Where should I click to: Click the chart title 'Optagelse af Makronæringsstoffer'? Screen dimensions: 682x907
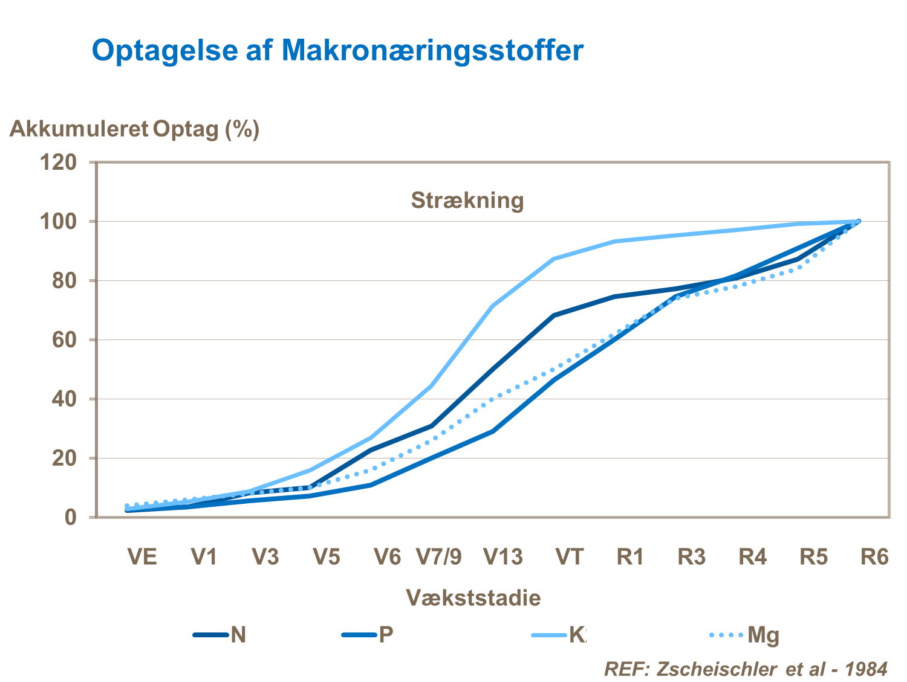337,50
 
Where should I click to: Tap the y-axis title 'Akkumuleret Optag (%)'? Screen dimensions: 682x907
134,129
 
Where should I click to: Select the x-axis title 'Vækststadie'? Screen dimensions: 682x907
473,597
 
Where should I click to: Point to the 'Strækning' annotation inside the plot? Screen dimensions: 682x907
467,200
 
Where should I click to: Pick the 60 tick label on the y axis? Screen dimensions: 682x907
64,339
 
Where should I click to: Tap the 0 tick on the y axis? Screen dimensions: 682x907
71,517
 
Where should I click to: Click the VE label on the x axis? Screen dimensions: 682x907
142,556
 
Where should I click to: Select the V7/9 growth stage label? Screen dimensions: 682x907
439,556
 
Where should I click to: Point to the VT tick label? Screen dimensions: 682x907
570,556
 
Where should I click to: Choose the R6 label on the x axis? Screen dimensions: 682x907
874,556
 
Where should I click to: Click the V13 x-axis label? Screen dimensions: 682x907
503,556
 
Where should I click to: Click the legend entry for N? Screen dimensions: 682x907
220,635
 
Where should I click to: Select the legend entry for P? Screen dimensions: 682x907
368,635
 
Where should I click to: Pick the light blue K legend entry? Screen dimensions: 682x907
559,635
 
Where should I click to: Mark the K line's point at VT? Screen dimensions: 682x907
554,259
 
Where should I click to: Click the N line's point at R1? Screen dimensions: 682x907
614,297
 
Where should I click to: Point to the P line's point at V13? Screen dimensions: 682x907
493,431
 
